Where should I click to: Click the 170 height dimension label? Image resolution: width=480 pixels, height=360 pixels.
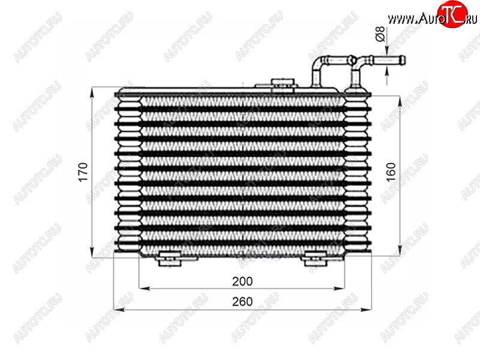coord(83,172)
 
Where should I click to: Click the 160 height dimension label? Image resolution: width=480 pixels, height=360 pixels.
coord(391,172)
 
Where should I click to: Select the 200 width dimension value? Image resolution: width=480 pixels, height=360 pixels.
coord(242,281)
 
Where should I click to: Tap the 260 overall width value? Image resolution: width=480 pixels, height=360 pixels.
coord(242,302)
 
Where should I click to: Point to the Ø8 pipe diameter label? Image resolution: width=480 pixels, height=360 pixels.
coord(380,34)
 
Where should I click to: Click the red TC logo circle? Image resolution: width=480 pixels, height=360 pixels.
coord(452,14)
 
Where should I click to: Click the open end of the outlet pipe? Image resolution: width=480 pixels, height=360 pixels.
coord(404,61)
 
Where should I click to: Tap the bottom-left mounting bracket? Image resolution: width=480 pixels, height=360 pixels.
coord(169,259)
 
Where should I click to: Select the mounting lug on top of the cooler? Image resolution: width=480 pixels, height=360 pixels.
coord(282,83)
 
